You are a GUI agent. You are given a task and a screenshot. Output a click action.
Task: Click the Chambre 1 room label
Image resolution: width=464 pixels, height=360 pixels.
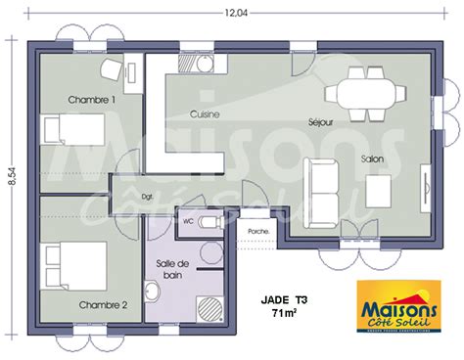pos(92,100)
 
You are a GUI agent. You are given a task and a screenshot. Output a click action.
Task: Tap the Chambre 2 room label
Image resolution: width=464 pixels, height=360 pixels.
pos(104,304)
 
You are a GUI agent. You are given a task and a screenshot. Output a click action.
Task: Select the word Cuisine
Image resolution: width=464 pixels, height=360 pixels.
pos(205,114)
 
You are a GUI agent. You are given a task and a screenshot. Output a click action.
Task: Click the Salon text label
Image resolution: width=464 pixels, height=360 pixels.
pos(372,157)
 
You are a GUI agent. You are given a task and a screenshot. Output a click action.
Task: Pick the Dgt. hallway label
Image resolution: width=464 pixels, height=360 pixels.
pos(148,196)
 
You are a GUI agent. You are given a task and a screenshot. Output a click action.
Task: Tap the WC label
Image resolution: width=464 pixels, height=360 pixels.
pos(188,221)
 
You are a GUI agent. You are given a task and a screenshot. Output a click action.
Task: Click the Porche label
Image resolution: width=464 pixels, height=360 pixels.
pos(258,232)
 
